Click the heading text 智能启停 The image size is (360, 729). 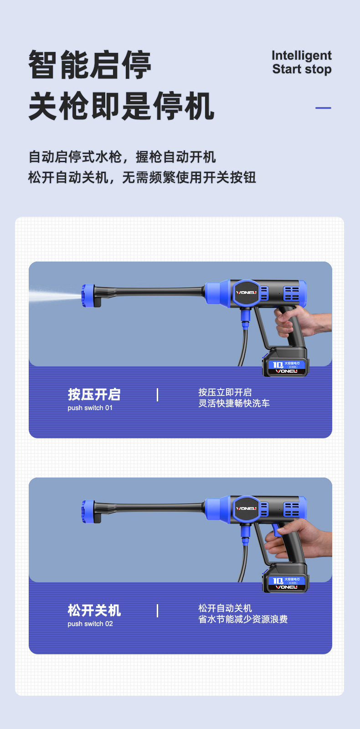tap(89, 65)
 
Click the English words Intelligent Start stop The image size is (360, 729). tap(301, 62)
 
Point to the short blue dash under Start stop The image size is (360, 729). tap(323, 108)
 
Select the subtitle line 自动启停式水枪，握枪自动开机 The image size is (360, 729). tap(122, 157)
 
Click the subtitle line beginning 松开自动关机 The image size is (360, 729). tap(142, 177)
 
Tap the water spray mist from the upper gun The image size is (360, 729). tap(52, 296)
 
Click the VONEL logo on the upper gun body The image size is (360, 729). tap(246, 293)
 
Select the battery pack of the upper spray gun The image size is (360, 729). tap(286, 362)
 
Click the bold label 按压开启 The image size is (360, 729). tap(94, 394)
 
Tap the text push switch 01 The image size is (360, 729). tap(90, 408)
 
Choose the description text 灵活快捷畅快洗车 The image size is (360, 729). tap(234, 403)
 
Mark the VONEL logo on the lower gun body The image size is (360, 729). tap(246, 508)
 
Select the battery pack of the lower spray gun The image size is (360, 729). tap(286, 578)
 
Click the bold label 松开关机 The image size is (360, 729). tap(94, 610)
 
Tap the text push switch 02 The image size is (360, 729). tap(90, 624)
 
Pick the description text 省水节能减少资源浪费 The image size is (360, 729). tap(243, 619)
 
